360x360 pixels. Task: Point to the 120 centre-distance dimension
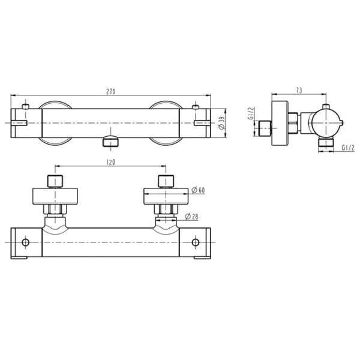coord(110,162)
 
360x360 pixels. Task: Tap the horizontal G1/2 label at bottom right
coord(348,147)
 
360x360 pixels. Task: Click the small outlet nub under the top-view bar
coord(111,142)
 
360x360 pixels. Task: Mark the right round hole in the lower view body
coord(195,242)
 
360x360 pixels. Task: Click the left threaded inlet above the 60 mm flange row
coord(55,181)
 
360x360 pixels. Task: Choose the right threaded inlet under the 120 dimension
coord(166,181)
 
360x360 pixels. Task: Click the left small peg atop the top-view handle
coord(26,107)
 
